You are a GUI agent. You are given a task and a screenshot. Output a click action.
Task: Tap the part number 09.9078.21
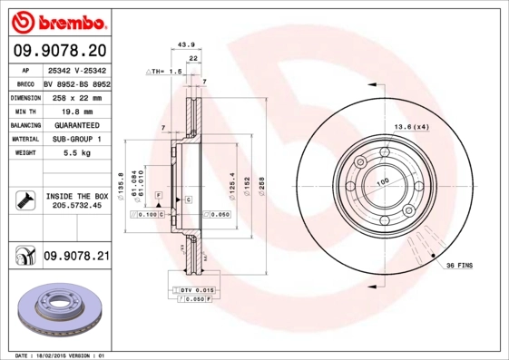click(77, 258)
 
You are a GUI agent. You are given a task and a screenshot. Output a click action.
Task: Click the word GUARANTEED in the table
click(76, 124)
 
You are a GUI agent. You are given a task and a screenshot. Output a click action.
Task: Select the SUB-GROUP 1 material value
click(76, 139)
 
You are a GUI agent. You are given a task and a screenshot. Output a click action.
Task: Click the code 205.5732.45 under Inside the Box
click(77, 206)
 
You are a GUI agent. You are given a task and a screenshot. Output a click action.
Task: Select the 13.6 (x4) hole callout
click(411, 126)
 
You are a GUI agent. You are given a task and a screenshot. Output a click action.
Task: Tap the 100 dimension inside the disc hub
click(382, 181)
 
